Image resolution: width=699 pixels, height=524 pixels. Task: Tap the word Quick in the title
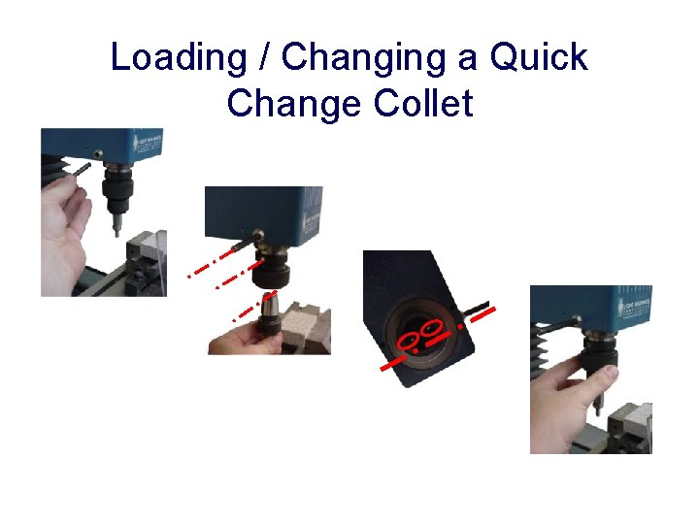[x=538, y=57]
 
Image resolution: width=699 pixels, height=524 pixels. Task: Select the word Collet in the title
[x=416, y=102]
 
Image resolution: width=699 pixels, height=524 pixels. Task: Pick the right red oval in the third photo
[x=432, y=327]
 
